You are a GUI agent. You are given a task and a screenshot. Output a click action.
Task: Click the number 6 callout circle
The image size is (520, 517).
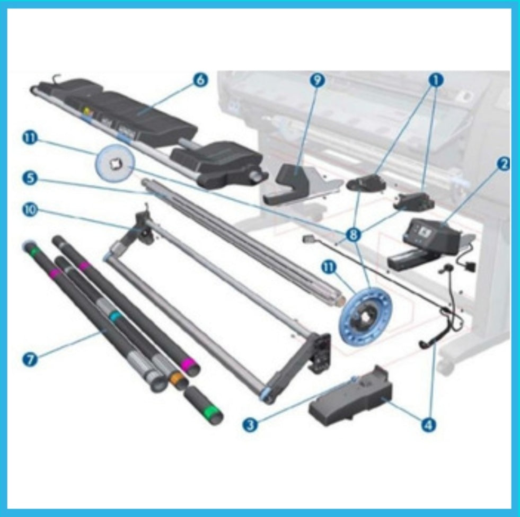(x=200, y=81)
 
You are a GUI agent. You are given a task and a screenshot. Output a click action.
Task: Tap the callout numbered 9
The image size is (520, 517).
(x=317, y=80)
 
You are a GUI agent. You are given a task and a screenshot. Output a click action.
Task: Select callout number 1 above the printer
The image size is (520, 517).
(x=436, y=80)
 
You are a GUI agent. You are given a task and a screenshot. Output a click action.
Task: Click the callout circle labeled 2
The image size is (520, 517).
(x=503, y=164)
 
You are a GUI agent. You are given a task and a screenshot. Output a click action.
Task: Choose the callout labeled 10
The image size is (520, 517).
(x=30, y=210)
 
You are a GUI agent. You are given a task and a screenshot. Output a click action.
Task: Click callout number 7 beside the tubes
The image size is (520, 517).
(x=30, y=359)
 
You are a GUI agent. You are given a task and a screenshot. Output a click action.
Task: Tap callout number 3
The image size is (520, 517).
(x=251, y=424)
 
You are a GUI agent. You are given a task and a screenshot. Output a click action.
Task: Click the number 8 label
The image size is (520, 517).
(x=351, y=235)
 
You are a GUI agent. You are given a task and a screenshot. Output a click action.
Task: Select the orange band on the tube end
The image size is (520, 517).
(x=177, y=379)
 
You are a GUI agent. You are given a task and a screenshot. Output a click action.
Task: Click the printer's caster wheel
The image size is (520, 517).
(x=448, y=366)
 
